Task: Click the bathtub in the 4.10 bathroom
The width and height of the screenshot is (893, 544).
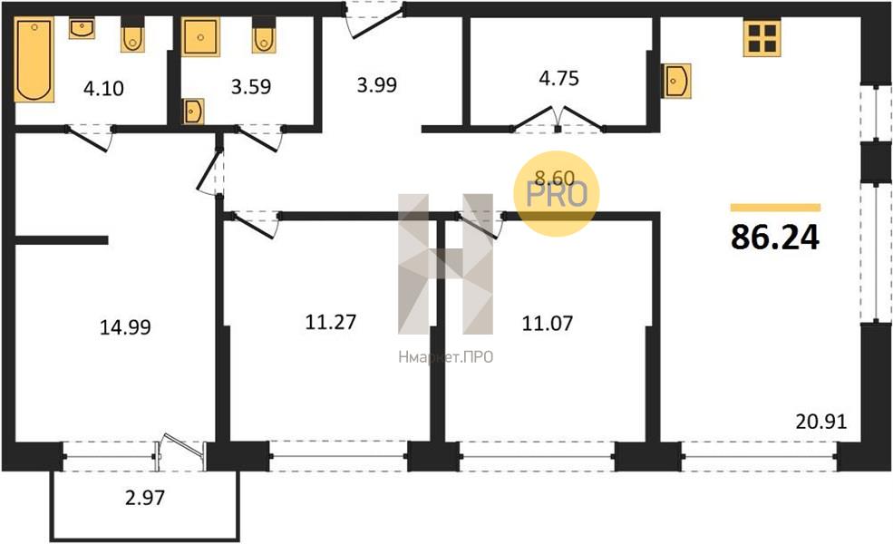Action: pos(34,59)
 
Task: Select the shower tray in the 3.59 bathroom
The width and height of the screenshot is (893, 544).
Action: pos(200,37)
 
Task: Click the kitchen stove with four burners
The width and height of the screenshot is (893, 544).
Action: pos(762,38)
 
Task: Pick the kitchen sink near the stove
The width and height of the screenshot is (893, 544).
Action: pos(676,81)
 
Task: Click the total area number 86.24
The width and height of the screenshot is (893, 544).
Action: pos(775,237)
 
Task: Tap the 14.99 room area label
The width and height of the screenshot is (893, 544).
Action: pos(125,327)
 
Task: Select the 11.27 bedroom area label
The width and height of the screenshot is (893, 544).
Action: pos(331,322)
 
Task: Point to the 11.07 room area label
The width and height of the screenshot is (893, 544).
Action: pos(548,323)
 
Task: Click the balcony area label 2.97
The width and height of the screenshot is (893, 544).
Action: pos(145,497)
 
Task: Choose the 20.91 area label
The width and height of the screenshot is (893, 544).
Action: pos(821,422)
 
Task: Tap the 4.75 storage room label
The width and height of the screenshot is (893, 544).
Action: pos(558,78)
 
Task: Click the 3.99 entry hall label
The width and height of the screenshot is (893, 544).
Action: pos(377,85)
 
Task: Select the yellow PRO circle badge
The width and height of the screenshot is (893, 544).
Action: pos(557,194)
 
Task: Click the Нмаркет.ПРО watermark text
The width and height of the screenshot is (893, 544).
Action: pos(446,357)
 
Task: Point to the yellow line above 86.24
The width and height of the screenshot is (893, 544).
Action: pos(776,208)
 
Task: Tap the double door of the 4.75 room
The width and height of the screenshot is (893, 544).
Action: pos(558,120)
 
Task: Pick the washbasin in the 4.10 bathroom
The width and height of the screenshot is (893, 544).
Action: pos(82,28)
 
